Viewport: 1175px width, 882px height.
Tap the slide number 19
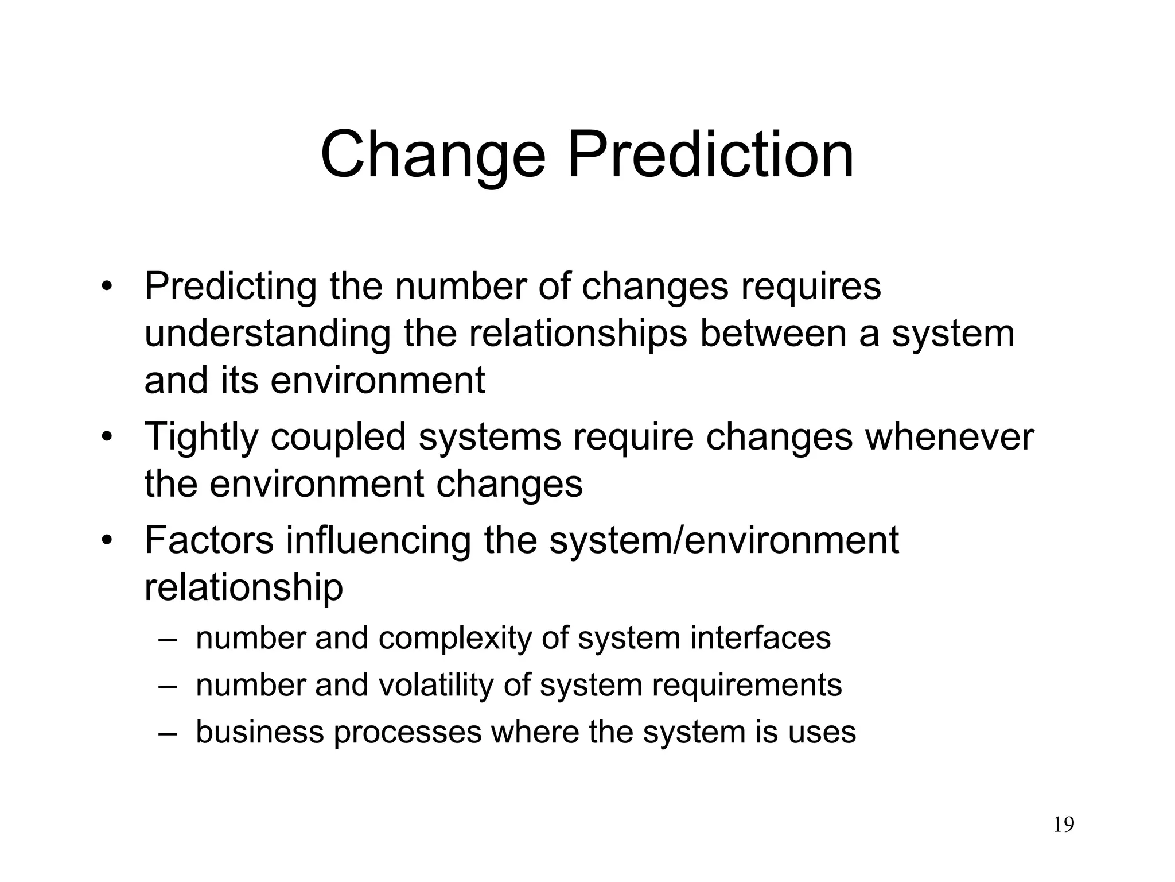(1064, 825)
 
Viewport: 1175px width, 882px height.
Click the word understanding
(267, 334)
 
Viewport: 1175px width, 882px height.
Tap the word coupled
(339, 438)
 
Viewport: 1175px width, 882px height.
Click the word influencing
(379, 541)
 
